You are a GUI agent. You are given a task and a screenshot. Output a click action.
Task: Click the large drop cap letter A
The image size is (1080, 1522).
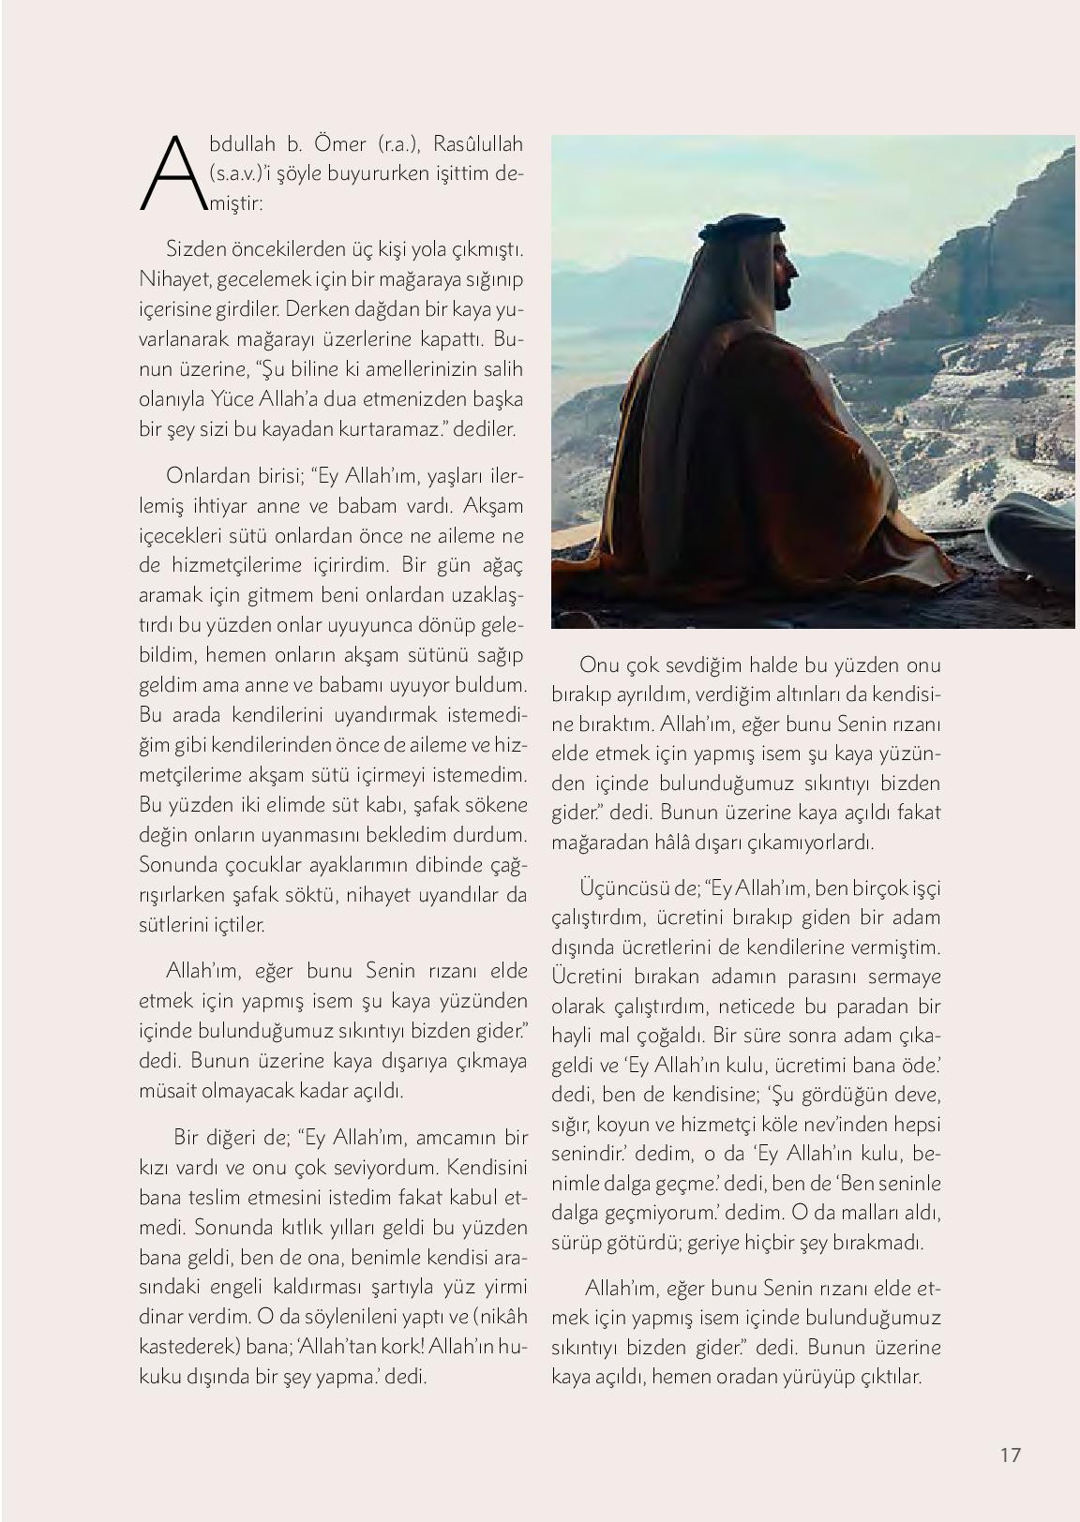click(x=168, y=173)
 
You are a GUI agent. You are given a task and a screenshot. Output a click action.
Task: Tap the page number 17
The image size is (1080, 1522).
click(x=1010, y=1455)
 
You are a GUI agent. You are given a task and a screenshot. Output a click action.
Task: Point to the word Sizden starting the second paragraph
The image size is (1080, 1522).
click(x=193, y=250)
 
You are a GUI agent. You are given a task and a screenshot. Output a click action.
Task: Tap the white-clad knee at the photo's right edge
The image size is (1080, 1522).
click(x=1031, y=525)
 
